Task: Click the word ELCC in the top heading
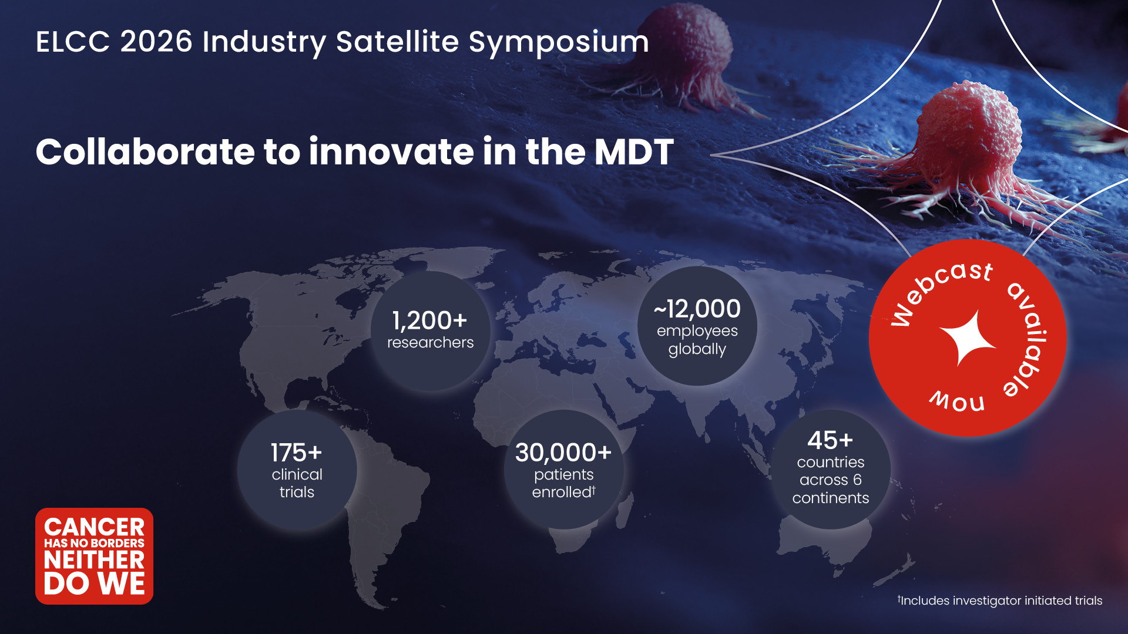pos(73,42)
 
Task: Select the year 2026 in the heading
pos(156,42)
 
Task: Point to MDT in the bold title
pos(634,152)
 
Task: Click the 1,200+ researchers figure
pos(429,321)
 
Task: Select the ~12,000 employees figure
pos(697,309)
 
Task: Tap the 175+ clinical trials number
pos(296,453)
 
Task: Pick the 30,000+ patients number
pos(563,453)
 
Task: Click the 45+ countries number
pos(830,440)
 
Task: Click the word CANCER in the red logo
pos(94,527)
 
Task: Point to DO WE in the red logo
pos(94,584)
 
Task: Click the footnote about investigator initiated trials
pos(1000,601)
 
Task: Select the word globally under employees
pos(697,349)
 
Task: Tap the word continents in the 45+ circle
pos(830,498)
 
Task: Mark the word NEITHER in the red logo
pos(94,560)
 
